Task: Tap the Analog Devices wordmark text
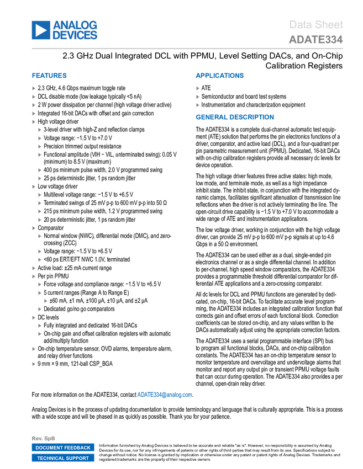pos(75,30)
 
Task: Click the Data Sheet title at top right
pos(317,24)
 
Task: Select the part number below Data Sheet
pos(315,40)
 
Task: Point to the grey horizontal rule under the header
pos(187,49)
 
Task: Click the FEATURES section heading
pos(50,76)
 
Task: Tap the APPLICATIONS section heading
pos(219,76)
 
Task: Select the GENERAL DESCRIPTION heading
pos(234,117)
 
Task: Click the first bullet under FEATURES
pos(34,88)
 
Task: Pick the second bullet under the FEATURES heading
pos(34,97)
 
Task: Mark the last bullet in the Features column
pos(34,364)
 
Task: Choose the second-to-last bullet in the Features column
pos(34,349)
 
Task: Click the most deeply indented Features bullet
pos(45,301)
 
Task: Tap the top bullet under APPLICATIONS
pos(198,88)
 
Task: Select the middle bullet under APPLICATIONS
pos(198,97)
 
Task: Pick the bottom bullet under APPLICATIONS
pos(198,105)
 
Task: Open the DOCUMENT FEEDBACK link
pos(63,447)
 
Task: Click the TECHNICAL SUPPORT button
pos(63,458)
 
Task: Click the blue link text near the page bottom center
pos(165,395)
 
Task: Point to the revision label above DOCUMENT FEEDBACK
pos(44,438)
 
